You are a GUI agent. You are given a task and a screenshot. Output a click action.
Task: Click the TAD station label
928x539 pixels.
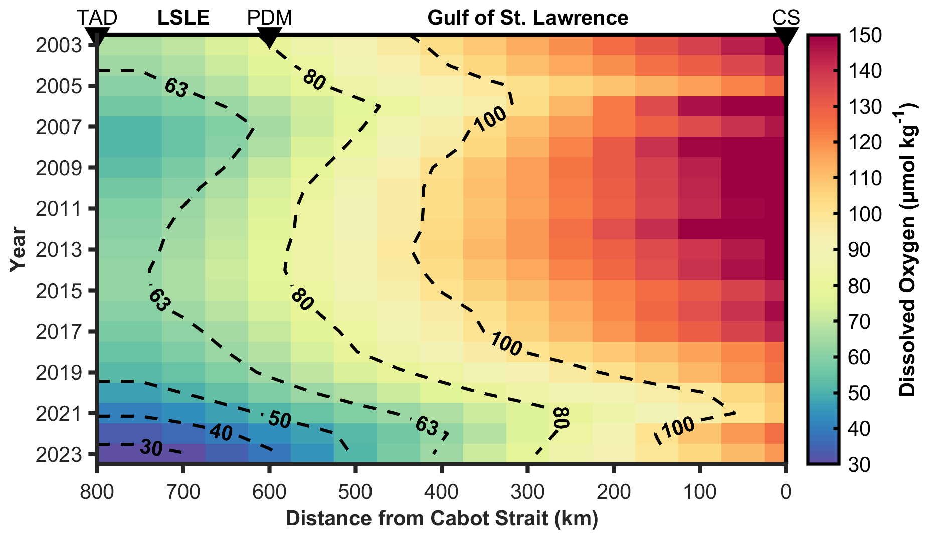tap(97, 18)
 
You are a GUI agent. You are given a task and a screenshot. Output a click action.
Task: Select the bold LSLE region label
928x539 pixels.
tap(183, 18)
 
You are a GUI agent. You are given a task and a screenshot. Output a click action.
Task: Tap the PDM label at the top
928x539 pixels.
tap(269, 18)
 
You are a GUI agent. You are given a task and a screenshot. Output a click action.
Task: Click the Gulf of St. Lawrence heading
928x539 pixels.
tap(527, 18)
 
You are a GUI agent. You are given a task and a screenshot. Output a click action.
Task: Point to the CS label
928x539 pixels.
tap(785, 18)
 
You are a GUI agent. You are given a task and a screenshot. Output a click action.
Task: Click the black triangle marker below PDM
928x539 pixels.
tap(269, 37)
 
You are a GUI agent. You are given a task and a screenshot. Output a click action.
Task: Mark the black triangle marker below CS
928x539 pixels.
tap(785, 37)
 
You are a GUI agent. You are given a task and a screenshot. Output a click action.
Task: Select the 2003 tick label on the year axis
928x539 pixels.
tap(59, 45)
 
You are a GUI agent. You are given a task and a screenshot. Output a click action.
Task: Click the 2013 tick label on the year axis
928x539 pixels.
tap(59, 249)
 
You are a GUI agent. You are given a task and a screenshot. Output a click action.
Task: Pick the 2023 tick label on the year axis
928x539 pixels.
tap(59, 454)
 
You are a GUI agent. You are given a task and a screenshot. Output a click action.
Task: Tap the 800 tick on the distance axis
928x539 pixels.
tap(97, 492)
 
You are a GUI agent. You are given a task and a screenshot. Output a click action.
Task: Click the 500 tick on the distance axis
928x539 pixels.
tap(355, 492)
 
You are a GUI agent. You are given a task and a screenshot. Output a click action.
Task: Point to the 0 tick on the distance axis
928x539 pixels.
tap(786, 492)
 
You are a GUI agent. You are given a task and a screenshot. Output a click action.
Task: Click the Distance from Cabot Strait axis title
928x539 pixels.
tap(442, 519)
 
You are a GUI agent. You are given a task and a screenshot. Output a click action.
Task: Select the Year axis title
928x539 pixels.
tap(18, 249)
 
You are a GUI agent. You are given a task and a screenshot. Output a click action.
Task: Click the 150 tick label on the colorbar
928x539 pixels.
tap(866, 36)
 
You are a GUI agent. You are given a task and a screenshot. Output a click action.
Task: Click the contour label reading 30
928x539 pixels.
tap(151, 448)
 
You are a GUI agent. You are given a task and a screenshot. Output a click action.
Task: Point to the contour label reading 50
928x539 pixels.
tap(279, 420)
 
